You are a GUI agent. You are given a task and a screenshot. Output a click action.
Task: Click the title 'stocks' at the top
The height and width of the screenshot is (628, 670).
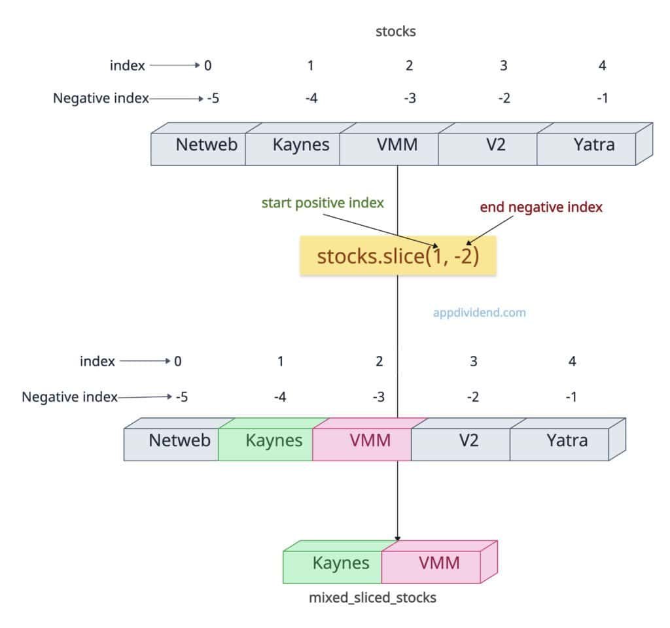click(395, 31)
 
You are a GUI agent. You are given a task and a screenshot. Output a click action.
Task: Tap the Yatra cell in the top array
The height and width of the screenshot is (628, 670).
click(593, 145)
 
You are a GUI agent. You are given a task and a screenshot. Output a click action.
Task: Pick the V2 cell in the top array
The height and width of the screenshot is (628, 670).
click(495, 145)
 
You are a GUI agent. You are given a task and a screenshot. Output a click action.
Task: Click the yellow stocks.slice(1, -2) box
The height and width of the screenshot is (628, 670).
click(398, 256)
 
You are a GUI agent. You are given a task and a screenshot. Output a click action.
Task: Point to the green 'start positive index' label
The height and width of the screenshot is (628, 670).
click(323, 203)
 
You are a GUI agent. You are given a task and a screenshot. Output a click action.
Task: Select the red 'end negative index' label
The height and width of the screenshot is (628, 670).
click(541, 207)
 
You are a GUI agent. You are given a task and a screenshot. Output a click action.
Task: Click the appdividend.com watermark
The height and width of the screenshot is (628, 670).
click(479, 313)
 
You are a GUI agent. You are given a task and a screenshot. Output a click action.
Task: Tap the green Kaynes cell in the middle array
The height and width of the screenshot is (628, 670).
click(273, 440)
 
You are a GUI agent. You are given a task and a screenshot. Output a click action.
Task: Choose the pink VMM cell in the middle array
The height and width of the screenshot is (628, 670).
click(370, 440)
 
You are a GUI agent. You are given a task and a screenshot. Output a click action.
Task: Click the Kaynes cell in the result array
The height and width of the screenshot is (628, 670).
click(340, 563)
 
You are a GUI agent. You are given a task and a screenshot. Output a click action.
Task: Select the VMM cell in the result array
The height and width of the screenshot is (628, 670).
click(438, 563)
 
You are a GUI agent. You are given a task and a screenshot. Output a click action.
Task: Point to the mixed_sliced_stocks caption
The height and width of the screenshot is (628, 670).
click(372, 597)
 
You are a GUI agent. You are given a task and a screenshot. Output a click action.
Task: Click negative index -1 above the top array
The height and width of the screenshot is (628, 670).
click(603, 99)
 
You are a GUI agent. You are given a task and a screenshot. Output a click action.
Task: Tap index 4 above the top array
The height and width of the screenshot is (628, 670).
click(603, 65)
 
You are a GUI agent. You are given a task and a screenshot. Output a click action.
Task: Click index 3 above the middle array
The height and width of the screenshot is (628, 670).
click(473, 361)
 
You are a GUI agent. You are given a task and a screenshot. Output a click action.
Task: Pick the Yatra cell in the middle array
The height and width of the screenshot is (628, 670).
click(567, 440)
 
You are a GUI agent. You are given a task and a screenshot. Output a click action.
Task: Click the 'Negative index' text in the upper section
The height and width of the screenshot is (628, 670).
click(101, 99)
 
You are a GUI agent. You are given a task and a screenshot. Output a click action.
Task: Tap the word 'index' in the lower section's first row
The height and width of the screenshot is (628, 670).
click(97, 361)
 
